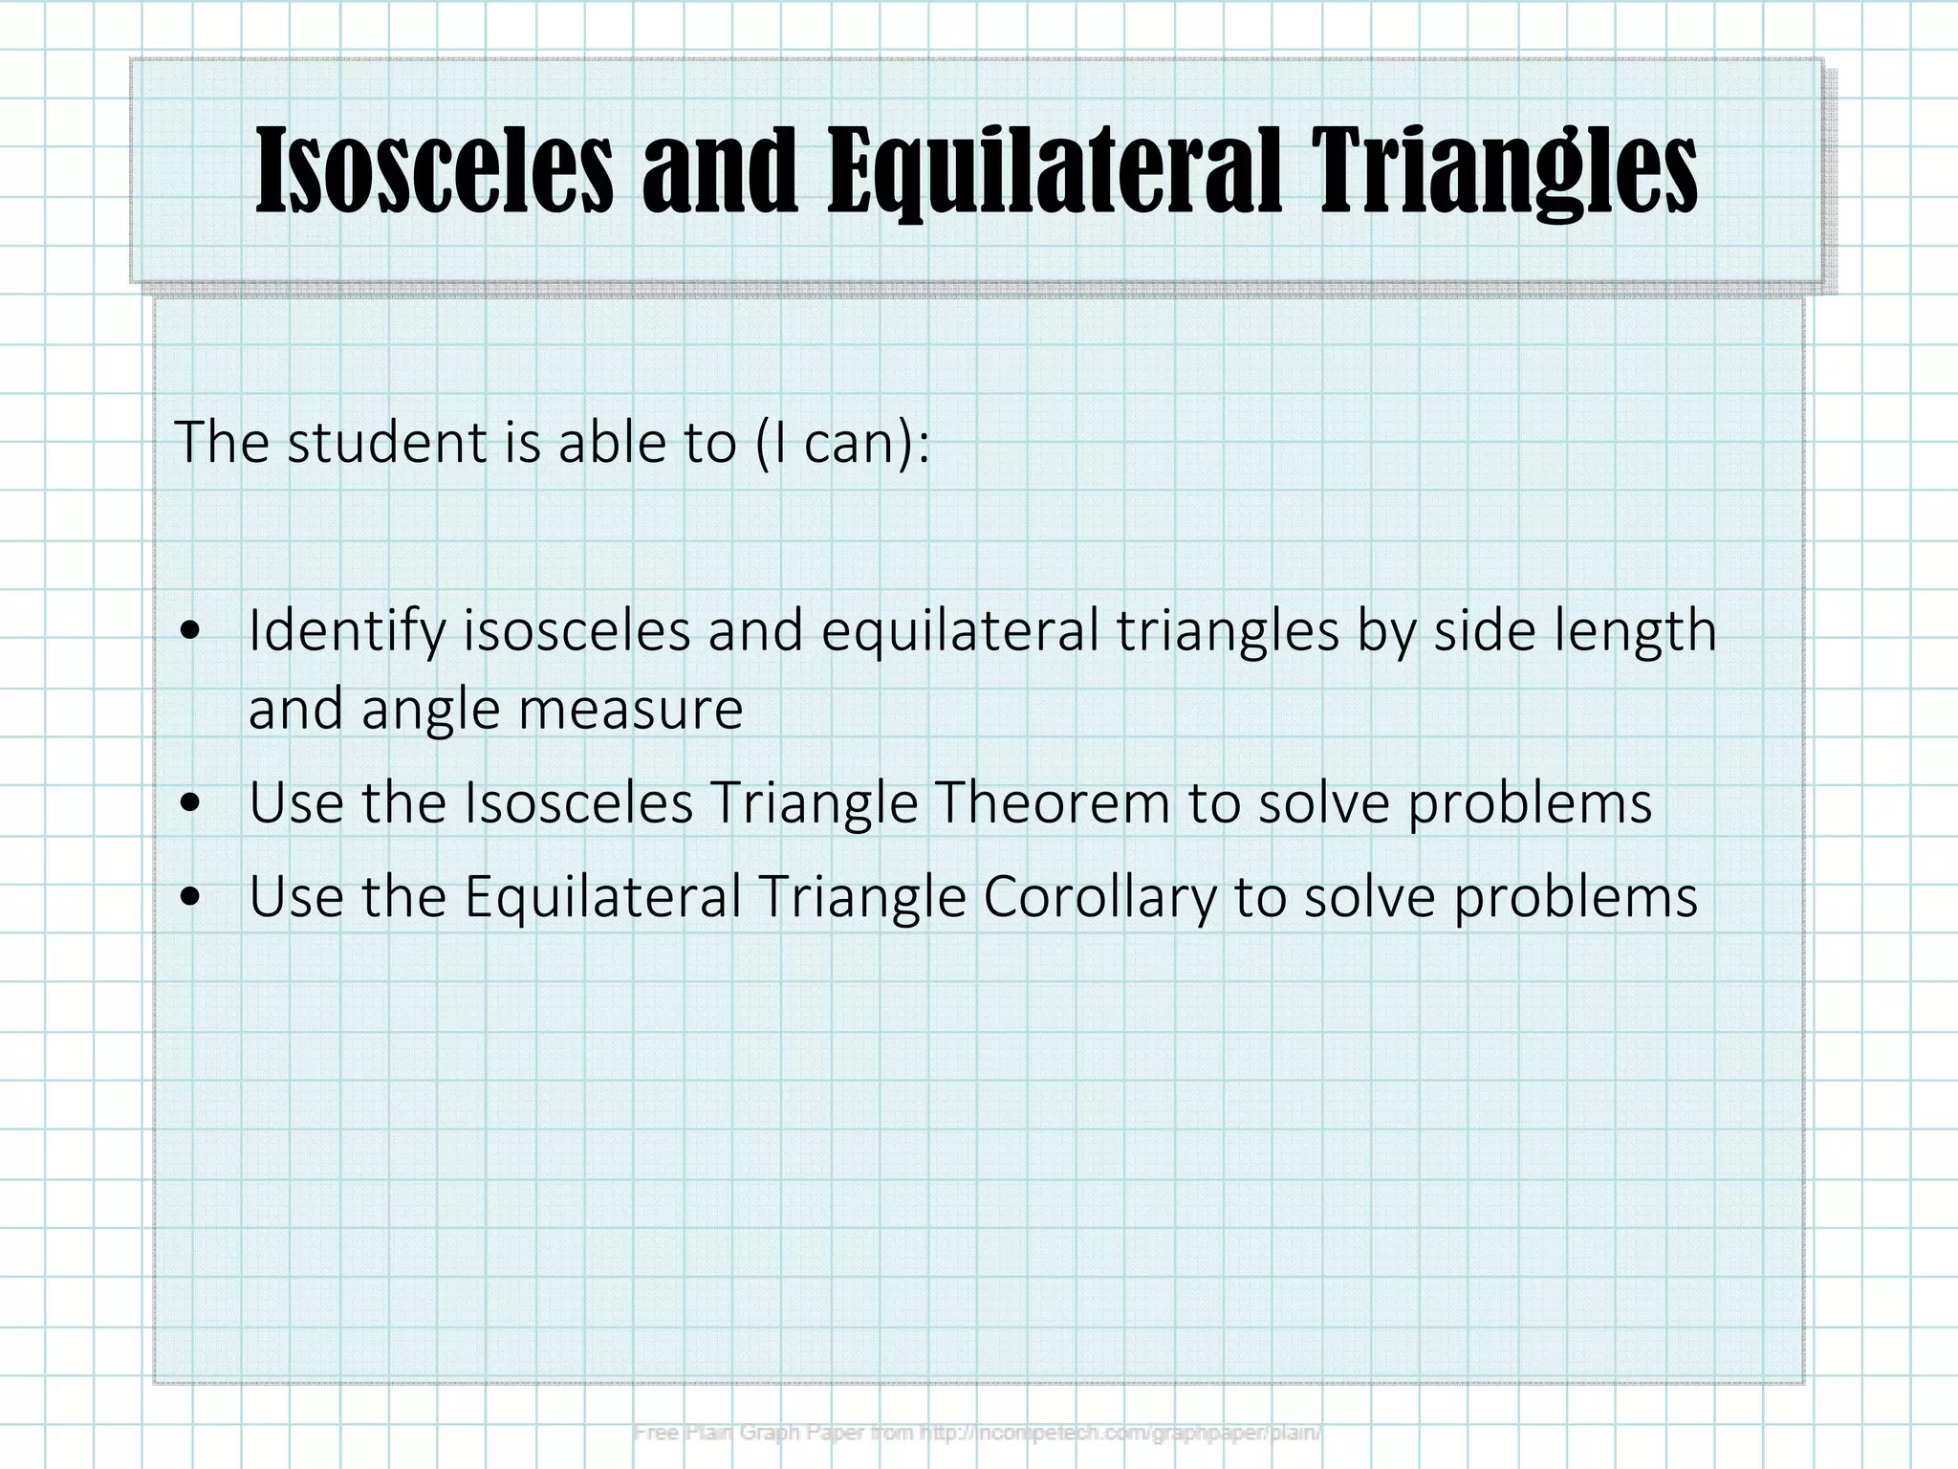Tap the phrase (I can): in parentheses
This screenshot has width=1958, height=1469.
[x=841, y=444]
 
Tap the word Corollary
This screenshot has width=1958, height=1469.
[x=1100, y=898]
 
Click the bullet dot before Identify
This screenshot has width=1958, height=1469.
[x=192, y=632]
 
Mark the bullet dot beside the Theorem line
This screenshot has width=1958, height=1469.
[x=192, y=804]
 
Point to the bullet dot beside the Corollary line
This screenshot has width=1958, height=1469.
[x=192, y=898]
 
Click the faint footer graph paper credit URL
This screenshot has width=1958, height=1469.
[x=1120, y=1433]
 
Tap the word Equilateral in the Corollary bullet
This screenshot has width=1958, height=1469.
[x=603, y=898]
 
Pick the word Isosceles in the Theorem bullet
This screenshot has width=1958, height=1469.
[x=578, y=802]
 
